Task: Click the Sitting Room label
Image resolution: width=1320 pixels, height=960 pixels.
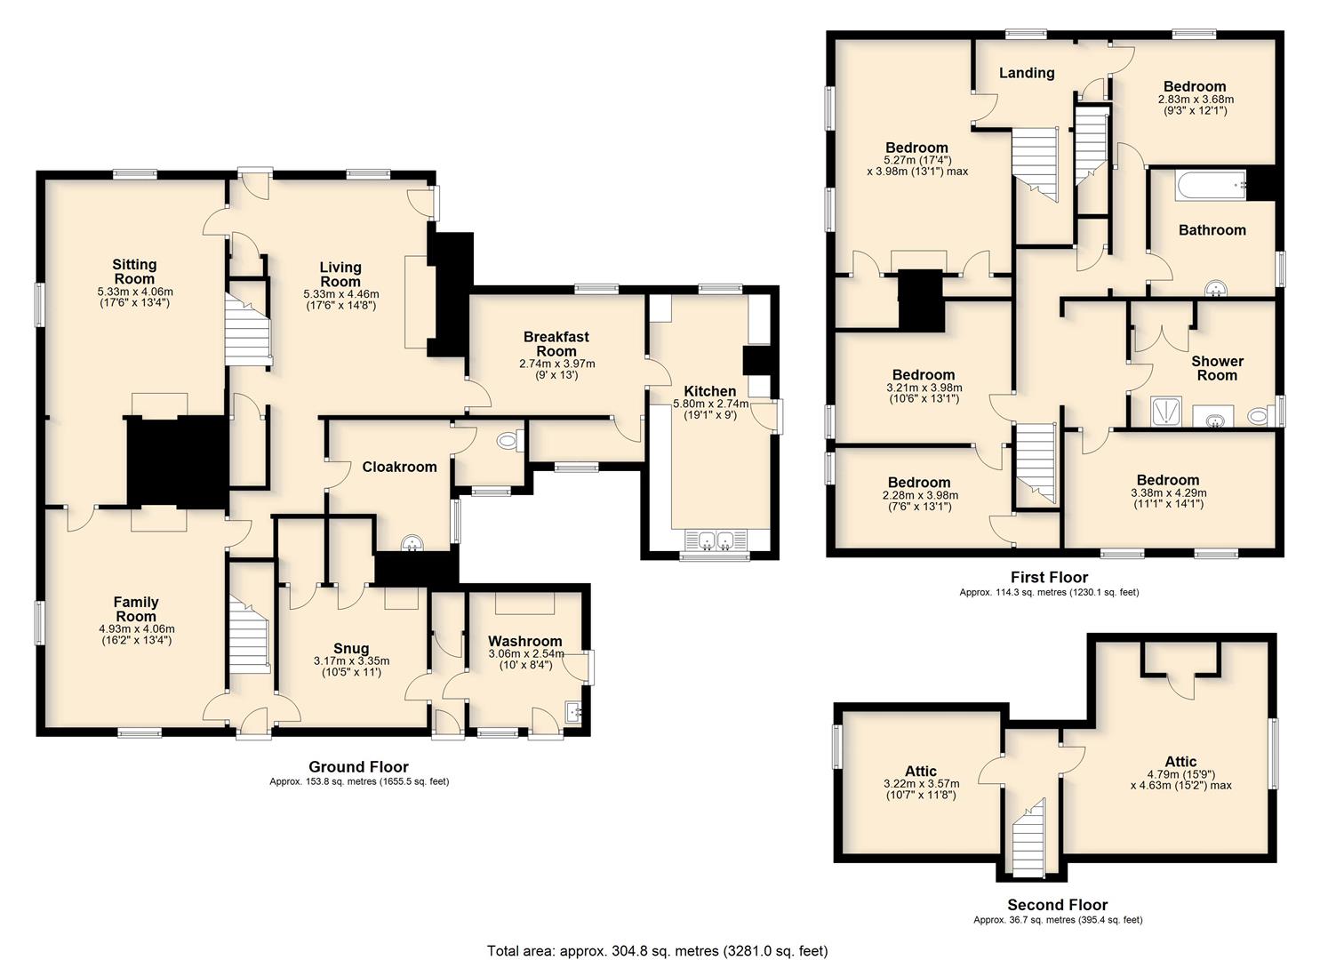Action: coord(134,272)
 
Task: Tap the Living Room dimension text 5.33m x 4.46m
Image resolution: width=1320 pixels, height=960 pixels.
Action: coord(341,294)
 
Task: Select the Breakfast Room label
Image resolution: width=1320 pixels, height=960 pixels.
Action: coord(556,344)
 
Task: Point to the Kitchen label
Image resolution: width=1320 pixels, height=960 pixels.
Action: coord(709,391)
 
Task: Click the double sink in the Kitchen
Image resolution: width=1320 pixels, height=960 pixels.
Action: coord(716,540)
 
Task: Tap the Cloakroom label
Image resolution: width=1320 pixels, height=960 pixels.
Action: coord(399,467)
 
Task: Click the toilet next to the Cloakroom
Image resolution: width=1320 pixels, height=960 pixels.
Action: coord(509,440)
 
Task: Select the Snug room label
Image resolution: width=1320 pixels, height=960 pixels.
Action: coord(351,648)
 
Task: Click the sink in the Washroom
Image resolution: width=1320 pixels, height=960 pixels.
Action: coord(573,712)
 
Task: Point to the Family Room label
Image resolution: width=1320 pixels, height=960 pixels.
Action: coord(136,609)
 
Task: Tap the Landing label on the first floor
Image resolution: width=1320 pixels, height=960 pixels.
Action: coord(1027,73)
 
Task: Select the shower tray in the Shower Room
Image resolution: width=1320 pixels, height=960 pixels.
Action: coord(1166,411)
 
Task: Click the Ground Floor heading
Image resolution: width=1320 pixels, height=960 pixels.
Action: coord(358,767)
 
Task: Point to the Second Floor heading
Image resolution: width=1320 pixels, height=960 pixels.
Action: coord(1057,905)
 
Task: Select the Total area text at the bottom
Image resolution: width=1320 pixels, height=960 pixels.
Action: coord(657,950)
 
